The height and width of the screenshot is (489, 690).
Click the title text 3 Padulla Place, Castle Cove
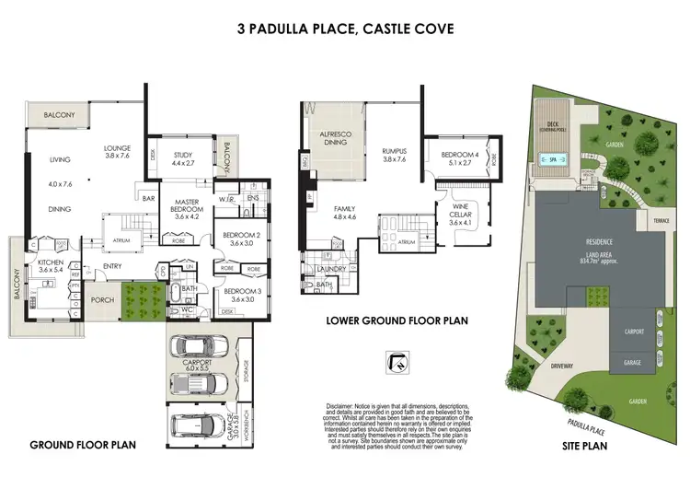[x=344, y=29]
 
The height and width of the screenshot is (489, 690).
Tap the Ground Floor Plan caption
[x=83, y=445]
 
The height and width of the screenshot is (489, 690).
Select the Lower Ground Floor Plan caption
[x=397, y=321]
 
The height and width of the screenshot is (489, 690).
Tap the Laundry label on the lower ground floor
[x=331, y=269]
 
